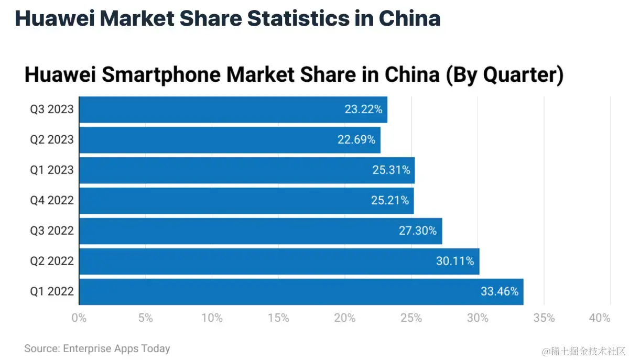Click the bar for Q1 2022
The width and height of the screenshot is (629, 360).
click(x=301, y=291)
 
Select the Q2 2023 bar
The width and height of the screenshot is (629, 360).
click(x=230, y=140)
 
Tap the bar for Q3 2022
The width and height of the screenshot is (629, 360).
click(x=261, y=231)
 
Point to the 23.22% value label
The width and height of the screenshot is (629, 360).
click(x=363, y=110)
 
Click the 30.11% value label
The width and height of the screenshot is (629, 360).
click(x=455, y=261)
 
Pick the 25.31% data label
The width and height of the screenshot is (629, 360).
click(x=391, y=170)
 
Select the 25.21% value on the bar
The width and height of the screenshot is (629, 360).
click(x=390, y=201)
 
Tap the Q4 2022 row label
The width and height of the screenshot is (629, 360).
click(x=51, y=201)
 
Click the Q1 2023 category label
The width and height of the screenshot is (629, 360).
click(x=51, y=170)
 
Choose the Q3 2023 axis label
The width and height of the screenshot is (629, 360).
click(x=51, y=110)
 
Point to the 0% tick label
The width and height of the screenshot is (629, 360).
click(x=79, y=318)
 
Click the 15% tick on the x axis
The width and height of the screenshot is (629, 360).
click(x=278, y=318)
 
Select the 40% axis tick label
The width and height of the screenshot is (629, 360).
click(x=600, y=318)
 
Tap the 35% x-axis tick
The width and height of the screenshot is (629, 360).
click(x=544, y=318)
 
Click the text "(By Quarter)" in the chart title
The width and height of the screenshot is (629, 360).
click(x=504, y=75)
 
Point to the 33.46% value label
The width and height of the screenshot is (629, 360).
click(x=500, y=291)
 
